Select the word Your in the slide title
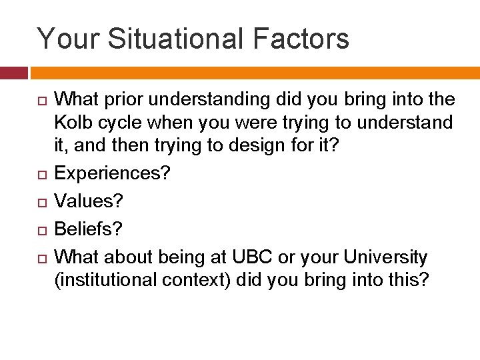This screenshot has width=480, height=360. pyautogui.click(x=67, y=39)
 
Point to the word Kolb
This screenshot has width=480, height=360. pyautogui.click(x=73, y=123)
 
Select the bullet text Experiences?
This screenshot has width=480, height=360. pyautogui.click(x=112, y=173)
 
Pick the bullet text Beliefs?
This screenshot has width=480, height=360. pyautogui.click(x=89, y=229)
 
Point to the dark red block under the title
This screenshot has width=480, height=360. pyautogui.click(x=13, y=73)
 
